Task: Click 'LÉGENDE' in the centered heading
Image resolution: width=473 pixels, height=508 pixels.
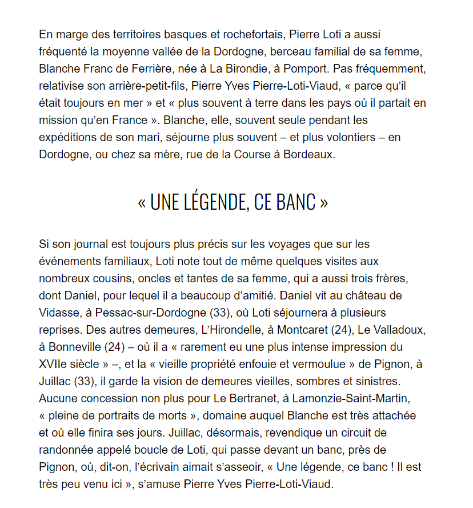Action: point(213,202)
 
